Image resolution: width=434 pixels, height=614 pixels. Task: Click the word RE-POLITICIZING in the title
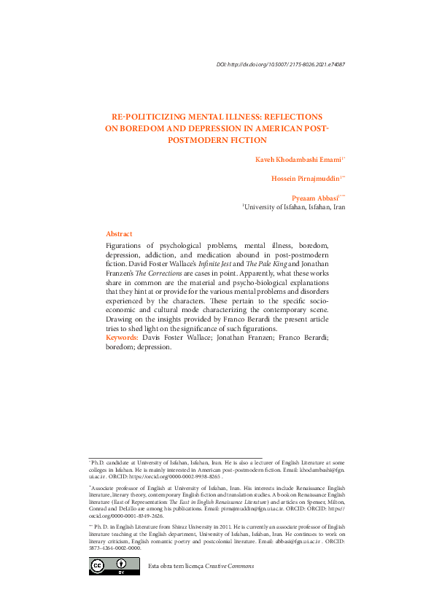click(x=144, y=116)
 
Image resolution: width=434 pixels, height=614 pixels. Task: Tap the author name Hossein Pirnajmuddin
click(x=304, y=178)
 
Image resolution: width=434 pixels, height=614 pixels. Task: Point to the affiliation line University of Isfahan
click(x=295, y=207)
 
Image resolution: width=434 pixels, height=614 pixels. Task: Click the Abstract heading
click(x=119, y=233)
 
